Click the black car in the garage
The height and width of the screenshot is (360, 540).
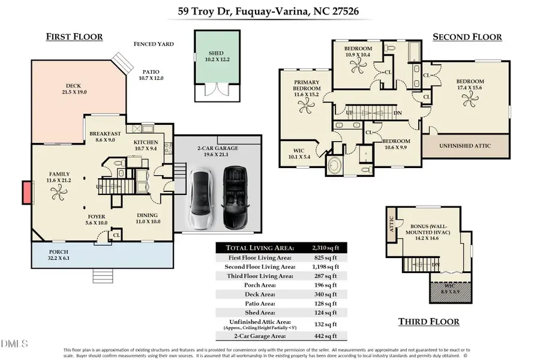coord(235,196)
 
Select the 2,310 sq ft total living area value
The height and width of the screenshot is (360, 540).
coord(325,247)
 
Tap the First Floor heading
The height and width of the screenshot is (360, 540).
coord(74,37)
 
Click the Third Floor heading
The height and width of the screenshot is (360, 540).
coord(429,322)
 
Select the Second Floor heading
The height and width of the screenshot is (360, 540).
coord(467,37)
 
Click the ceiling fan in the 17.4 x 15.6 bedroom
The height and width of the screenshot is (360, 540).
coord(469,97)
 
